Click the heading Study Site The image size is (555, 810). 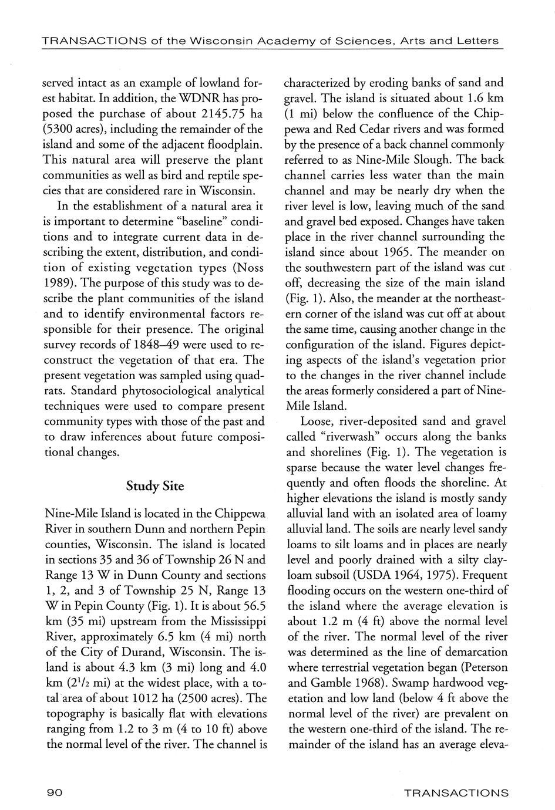pyautogui.click(x=155, y=487)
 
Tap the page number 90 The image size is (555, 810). pyautogui.click(x=55, y=792)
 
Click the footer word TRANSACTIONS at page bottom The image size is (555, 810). pyautogui.click(x=456, y=792)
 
